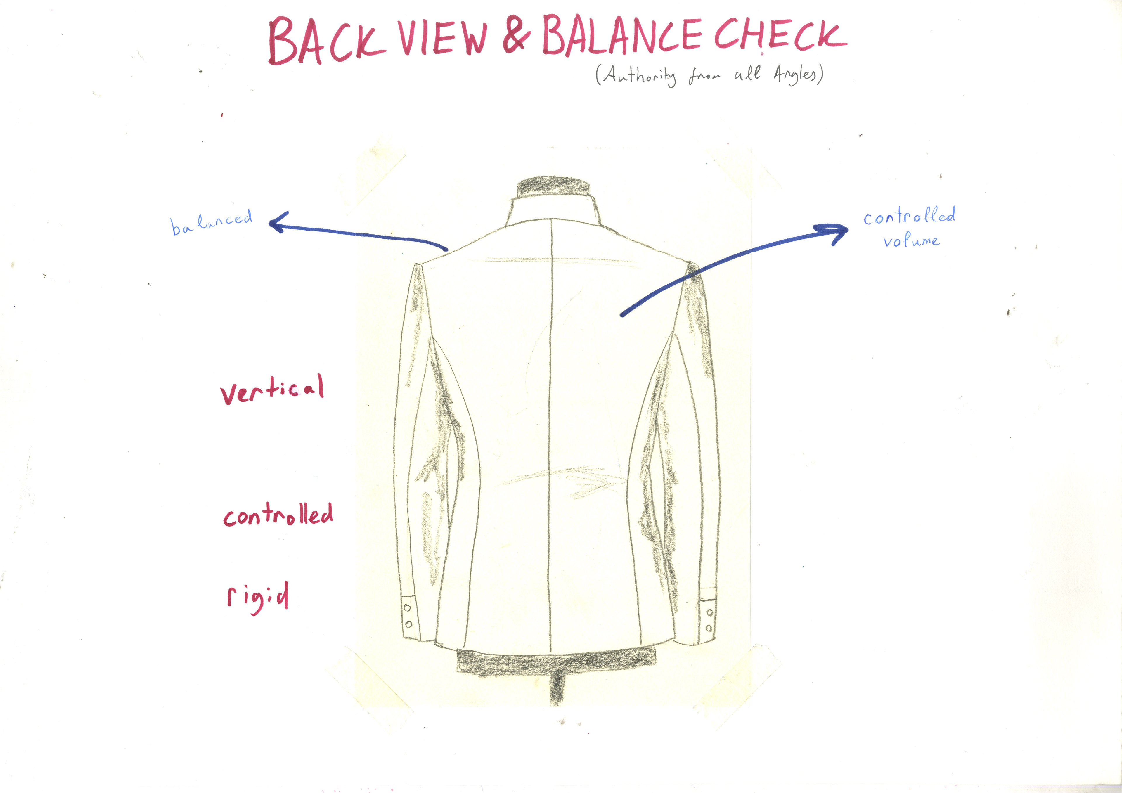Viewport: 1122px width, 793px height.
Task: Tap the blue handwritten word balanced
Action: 212,222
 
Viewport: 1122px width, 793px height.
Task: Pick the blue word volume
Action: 911,241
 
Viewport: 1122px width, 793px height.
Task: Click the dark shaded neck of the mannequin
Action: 553,186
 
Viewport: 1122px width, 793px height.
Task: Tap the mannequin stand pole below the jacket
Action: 555,689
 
